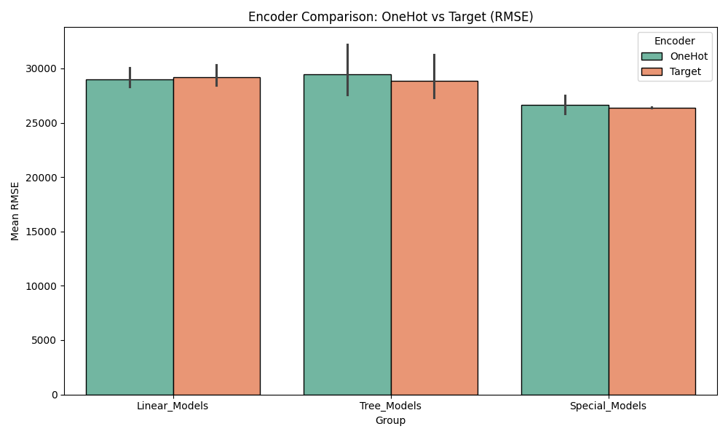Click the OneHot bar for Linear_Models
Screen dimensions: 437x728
click(x=130, y=237)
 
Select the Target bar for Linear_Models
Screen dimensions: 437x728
click(x=216, y=236)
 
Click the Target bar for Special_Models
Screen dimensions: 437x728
click(x=652, y=251)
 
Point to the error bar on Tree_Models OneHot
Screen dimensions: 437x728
click(x=347, y=70)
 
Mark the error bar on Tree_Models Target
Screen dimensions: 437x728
click(x=434, y=76)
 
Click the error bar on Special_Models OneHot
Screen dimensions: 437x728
click(x=565, y=104)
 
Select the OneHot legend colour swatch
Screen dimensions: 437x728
click(x=652, y=57)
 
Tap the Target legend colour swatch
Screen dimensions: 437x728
click(x=652, y=71)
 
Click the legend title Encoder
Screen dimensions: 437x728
click(x=674, y=42)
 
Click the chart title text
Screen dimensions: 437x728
click(x=390, y=17)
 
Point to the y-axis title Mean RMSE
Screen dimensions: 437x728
click(x=15, y=211)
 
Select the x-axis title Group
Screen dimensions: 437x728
click(x=390, y=420)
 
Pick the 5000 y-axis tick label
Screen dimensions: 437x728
click(x=45, y=340)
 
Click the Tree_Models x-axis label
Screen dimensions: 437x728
click(x=390, y=406)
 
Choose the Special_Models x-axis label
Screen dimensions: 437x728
click(x=608, y=406)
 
